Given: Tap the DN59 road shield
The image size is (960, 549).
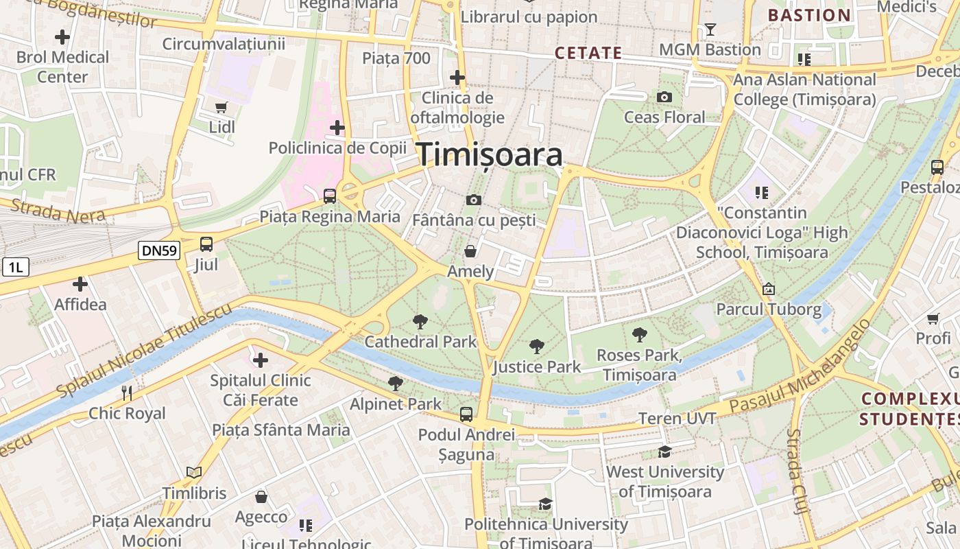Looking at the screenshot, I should pos(159,250).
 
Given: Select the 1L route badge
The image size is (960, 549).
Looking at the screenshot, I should pos(15,267).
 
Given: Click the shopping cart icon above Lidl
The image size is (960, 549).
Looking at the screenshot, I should pos(221,107).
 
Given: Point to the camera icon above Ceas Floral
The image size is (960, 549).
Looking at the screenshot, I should pos(664,97).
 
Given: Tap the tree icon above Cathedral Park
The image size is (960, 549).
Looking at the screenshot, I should pos(420,321).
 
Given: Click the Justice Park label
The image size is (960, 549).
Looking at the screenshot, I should pos(537,367).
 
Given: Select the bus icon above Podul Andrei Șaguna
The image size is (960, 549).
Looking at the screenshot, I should pos(466,414).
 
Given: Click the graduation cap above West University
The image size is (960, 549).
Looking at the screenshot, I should pos(664,452).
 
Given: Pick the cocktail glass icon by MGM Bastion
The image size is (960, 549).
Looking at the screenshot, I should pos(710,30).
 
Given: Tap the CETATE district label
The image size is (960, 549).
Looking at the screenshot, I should pos(588,53).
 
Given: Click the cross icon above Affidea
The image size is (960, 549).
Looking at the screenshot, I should pos(80,283).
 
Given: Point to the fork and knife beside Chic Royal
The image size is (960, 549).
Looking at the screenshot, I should pos(127,393).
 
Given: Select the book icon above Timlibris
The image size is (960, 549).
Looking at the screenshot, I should pos(194,473).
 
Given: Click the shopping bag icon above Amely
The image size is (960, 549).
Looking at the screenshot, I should pos(470,251).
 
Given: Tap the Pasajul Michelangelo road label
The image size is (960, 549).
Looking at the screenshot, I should pos(800,366).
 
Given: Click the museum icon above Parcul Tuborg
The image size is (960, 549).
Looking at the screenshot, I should pos(768,289).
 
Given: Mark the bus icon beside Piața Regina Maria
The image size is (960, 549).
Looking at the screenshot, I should pos(330,196).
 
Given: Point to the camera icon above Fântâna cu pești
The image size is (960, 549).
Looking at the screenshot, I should pos(473,200).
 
